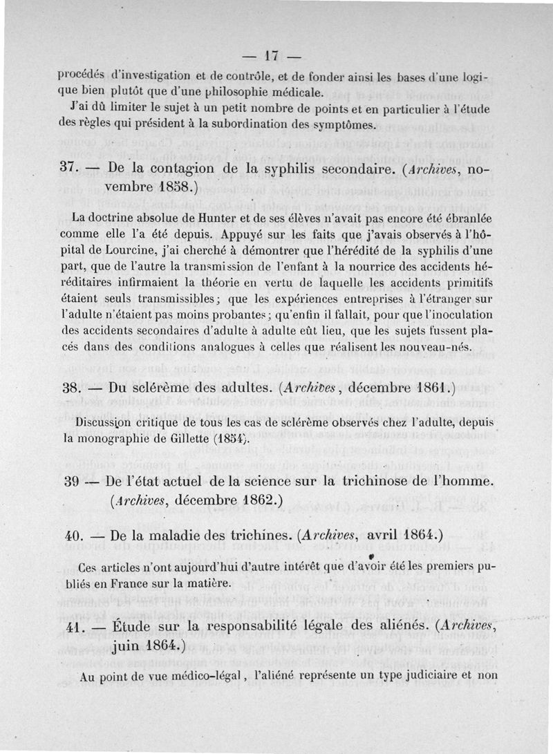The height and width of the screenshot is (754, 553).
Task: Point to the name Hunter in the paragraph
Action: pos(233,218)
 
